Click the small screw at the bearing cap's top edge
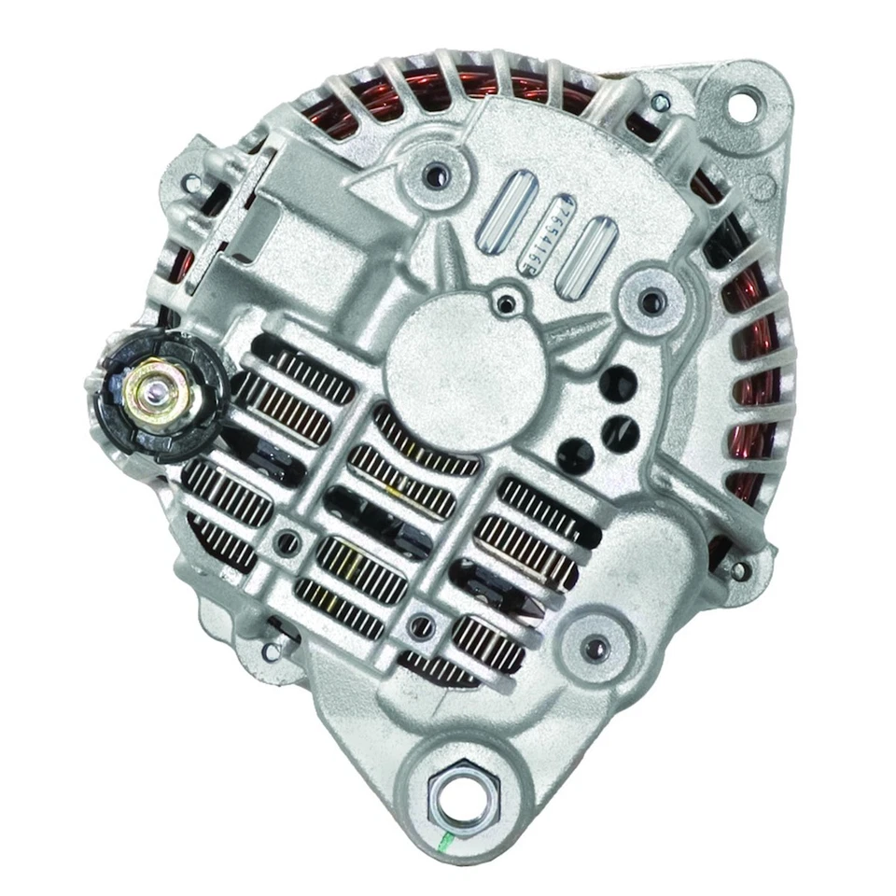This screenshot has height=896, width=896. click(506, 301)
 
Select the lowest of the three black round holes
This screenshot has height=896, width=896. click(575, 456)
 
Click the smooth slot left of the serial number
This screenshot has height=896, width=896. click(506, 213)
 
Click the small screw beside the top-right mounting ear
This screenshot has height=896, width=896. click(661, 103)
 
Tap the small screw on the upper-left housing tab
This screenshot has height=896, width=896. click(194, 183)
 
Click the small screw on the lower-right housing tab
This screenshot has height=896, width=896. click(739, 569)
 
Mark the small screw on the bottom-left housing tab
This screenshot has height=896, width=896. click(271, 651)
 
